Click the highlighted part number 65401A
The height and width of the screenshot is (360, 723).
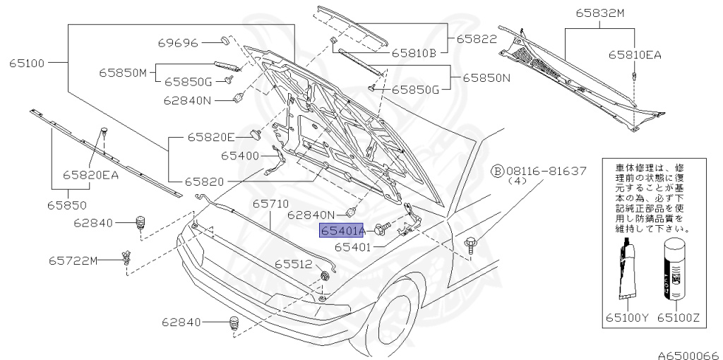[x=342, y=231]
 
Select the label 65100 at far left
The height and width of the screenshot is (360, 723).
[x=28, y=63]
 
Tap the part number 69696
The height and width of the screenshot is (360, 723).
[x=177, y=42]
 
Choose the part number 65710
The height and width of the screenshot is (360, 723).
[x=271, y=204]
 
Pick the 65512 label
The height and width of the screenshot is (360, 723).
[x=293, y=263]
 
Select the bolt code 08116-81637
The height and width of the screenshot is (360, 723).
[x=546, y=172]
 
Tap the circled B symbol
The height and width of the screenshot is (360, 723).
[x=497, y=172]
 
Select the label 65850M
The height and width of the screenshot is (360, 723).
[x=122, y=72]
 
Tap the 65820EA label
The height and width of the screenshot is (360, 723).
[x=90, y=174]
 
